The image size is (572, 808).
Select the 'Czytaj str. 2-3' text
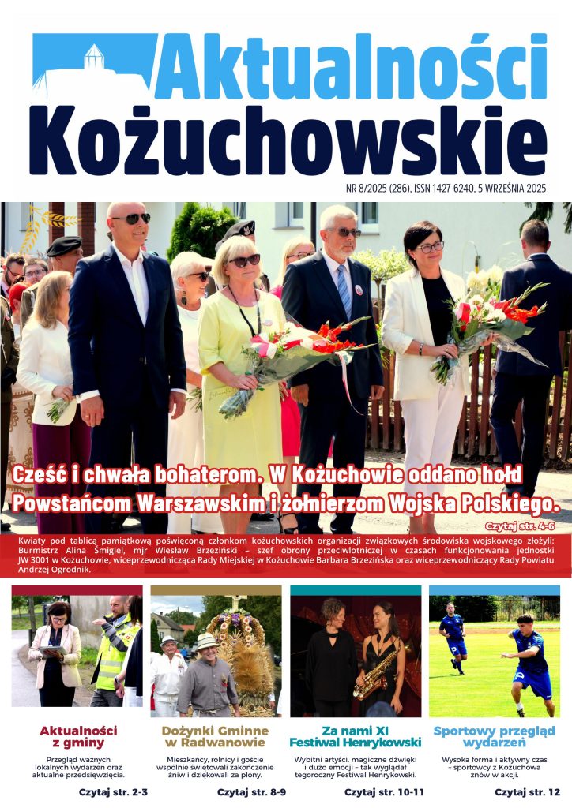pyautogui.click(x=111, y=791)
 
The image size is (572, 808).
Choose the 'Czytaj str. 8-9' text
pyautogui.click(x=250, y=791)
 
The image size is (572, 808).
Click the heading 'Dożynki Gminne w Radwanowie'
pyautogui.click(x=216, y=736)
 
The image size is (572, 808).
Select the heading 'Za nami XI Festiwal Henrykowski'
pyautogui.click(x=355, y=736)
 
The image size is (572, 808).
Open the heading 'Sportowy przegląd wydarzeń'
pyautogui.click(x=494, y=736)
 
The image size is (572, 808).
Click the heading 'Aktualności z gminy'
pyautogui.click(x=78, y=736)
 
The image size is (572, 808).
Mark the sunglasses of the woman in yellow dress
pyautogui.click(x=243, y=260)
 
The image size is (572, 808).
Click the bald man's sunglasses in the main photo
pyautogui.click(x=130, y=218)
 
